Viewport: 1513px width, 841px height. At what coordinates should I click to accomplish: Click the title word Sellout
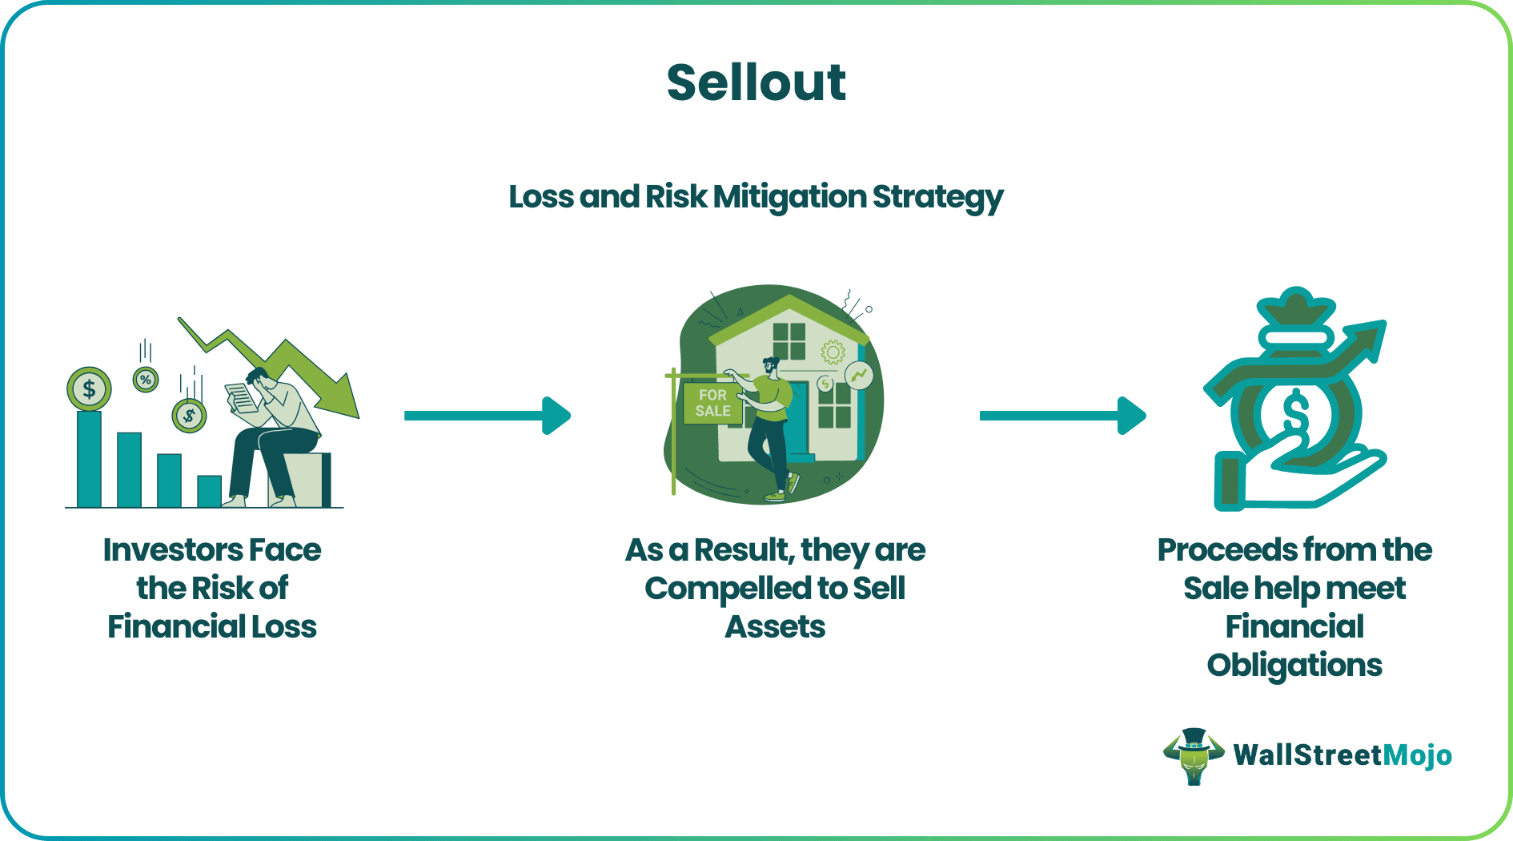[x=756, y=82]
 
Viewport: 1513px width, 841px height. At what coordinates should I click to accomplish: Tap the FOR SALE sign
[x=712, y=403]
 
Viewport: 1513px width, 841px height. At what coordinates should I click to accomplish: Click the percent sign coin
[x=146, y=380]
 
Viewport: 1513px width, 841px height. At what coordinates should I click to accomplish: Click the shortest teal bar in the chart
[x=209, y=491]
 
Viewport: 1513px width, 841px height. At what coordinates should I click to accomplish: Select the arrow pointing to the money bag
[x=1062, y=416]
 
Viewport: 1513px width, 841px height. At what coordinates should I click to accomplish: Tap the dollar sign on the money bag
[x=1294, y=414]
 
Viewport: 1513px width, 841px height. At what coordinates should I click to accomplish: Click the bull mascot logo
[x=1193, y=755]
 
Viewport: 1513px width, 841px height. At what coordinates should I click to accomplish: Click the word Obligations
[x=1294, y=666]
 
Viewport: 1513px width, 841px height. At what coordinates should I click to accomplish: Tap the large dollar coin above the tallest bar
[x=89, y=389]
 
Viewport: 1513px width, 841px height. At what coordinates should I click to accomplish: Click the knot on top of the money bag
[x=1295, y=308]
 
